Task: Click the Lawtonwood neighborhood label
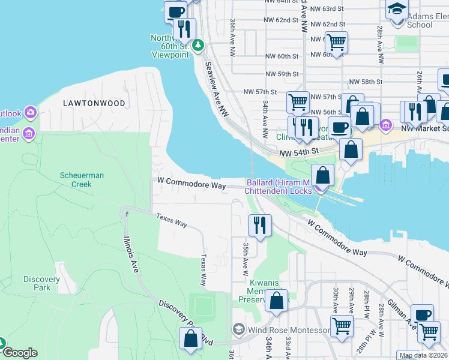tap(94, 103)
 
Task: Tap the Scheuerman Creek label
tap(82, 179)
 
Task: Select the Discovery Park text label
tap(41, 283)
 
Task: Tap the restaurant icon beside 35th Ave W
tap(260, 225)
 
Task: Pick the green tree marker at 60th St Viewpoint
tap(199, 45)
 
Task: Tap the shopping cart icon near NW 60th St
tap(336, 42)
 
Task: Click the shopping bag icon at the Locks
tap(323, 175)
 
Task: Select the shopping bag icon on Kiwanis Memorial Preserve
tap(276, 301)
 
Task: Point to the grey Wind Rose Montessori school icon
tap(238, 330)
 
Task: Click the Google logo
tap(20, 352)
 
